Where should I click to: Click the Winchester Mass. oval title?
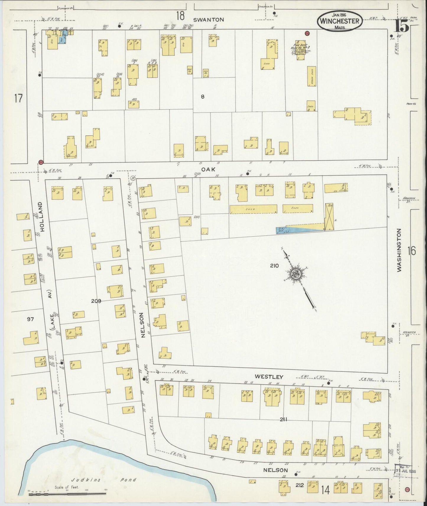point(339,22)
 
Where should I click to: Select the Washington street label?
point(399,250)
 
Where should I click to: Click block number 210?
point(274,266)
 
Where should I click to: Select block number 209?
point(96,301)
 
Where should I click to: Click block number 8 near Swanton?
point(202,96)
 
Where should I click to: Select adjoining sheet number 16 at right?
point(411,251)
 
